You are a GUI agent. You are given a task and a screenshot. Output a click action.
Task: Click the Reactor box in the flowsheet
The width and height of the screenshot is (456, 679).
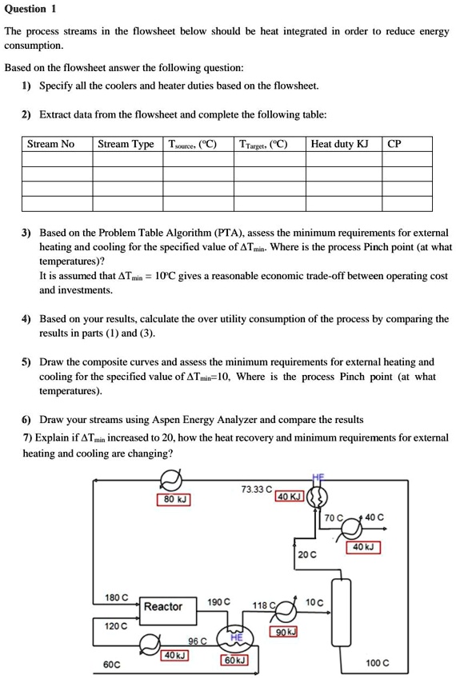click(x=162, y=606)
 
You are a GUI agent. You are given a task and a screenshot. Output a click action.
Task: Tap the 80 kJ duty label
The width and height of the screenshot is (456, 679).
click(x=173, y=500)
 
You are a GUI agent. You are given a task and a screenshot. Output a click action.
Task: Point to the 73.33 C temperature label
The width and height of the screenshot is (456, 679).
click(x=256, y=488)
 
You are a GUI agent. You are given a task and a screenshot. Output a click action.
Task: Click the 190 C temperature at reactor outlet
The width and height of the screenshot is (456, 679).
click(x=218, y=601)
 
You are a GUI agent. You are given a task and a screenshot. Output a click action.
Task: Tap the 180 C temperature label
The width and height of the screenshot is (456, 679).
click(x=117, y=597)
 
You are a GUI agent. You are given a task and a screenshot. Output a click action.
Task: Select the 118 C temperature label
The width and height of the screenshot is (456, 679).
click(x=264, y=605)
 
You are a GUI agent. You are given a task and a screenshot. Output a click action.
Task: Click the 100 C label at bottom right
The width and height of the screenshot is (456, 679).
click(x=378, y=663)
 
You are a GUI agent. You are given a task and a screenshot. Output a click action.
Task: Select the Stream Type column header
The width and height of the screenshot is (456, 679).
click(x=126, y=144)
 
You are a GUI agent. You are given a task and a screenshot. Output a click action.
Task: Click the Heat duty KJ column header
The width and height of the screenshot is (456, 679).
click(x=339, y=144)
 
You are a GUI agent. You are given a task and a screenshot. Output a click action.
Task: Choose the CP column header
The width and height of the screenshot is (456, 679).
click(x=394, y=144)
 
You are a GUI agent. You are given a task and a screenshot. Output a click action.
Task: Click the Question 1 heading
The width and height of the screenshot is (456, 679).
click(x=30, y=10)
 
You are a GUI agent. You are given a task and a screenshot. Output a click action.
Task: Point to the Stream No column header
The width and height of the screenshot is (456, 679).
click(x=50, y=144)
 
